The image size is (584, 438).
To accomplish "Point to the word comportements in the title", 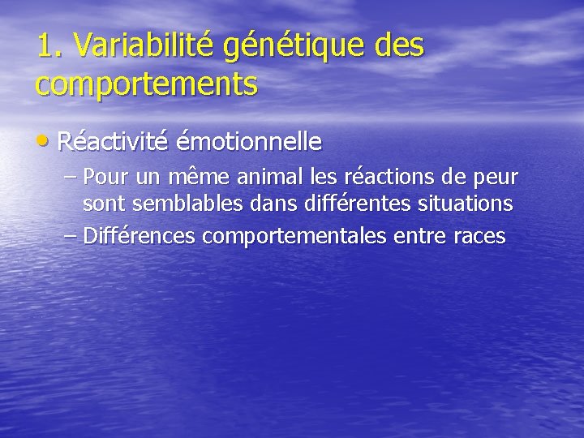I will click(x=147, y=84).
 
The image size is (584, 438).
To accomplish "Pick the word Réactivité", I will click(x=113, y=142).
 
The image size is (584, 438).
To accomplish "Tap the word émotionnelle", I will click(x=249, y=142).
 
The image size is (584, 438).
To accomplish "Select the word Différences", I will click(x=140, y=236).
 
